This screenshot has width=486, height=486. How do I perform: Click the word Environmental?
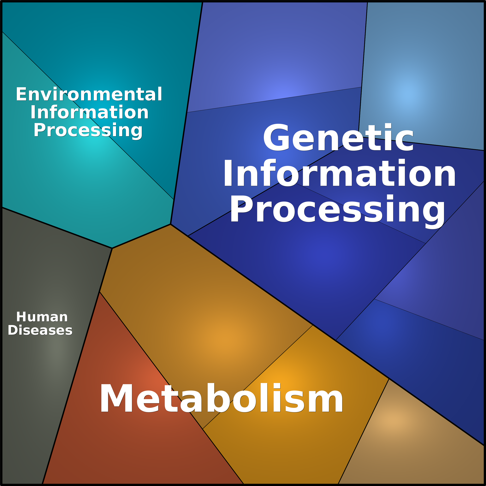pyautogui.click(x=89, y=94)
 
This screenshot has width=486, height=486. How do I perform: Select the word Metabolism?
pyautogui.click(x=221, y=399)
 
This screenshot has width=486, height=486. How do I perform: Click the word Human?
pyautogui.click(x=42, y=317)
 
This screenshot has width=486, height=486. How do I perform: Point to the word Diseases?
pyautogui.click(x=40, y=330)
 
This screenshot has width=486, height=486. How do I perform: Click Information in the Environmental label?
pyautogui.click(x=89, y=112)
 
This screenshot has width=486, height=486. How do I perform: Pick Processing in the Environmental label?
pyautogui.click(x=88, y=130)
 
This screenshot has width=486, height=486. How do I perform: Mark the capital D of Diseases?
pyautogui.click(x=12, y=330)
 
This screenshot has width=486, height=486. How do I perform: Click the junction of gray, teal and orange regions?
pyautogui.click(x=112, y=248)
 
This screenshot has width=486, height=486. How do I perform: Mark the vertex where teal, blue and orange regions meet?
pyautogui.click(x=171, y=224)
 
